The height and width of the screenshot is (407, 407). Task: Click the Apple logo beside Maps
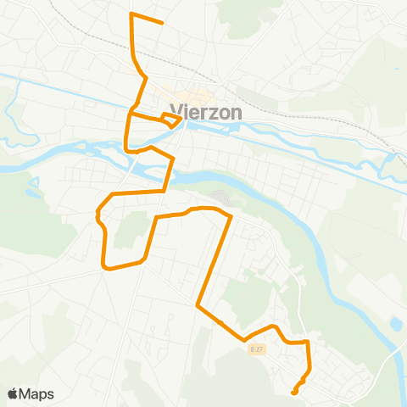tap(14, 393)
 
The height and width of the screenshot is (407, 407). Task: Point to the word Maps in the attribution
tap(36, 393)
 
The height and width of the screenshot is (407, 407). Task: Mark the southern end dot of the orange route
tap(293, 392)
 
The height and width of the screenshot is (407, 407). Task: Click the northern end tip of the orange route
tap(162, 23)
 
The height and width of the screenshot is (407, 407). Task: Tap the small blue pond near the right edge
tap(396, 324)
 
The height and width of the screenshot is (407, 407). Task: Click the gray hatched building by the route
tap(220, 197)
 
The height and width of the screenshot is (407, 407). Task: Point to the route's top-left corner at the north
tap(130, 14)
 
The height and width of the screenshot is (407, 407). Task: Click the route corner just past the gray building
tap(230, 217)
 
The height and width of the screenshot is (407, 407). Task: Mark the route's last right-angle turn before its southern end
tap(308, 343)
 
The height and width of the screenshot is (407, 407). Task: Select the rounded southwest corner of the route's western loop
tap(106, 268)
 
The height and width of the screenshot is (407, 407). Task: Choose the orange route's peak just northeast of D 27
tap(272, 326)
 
